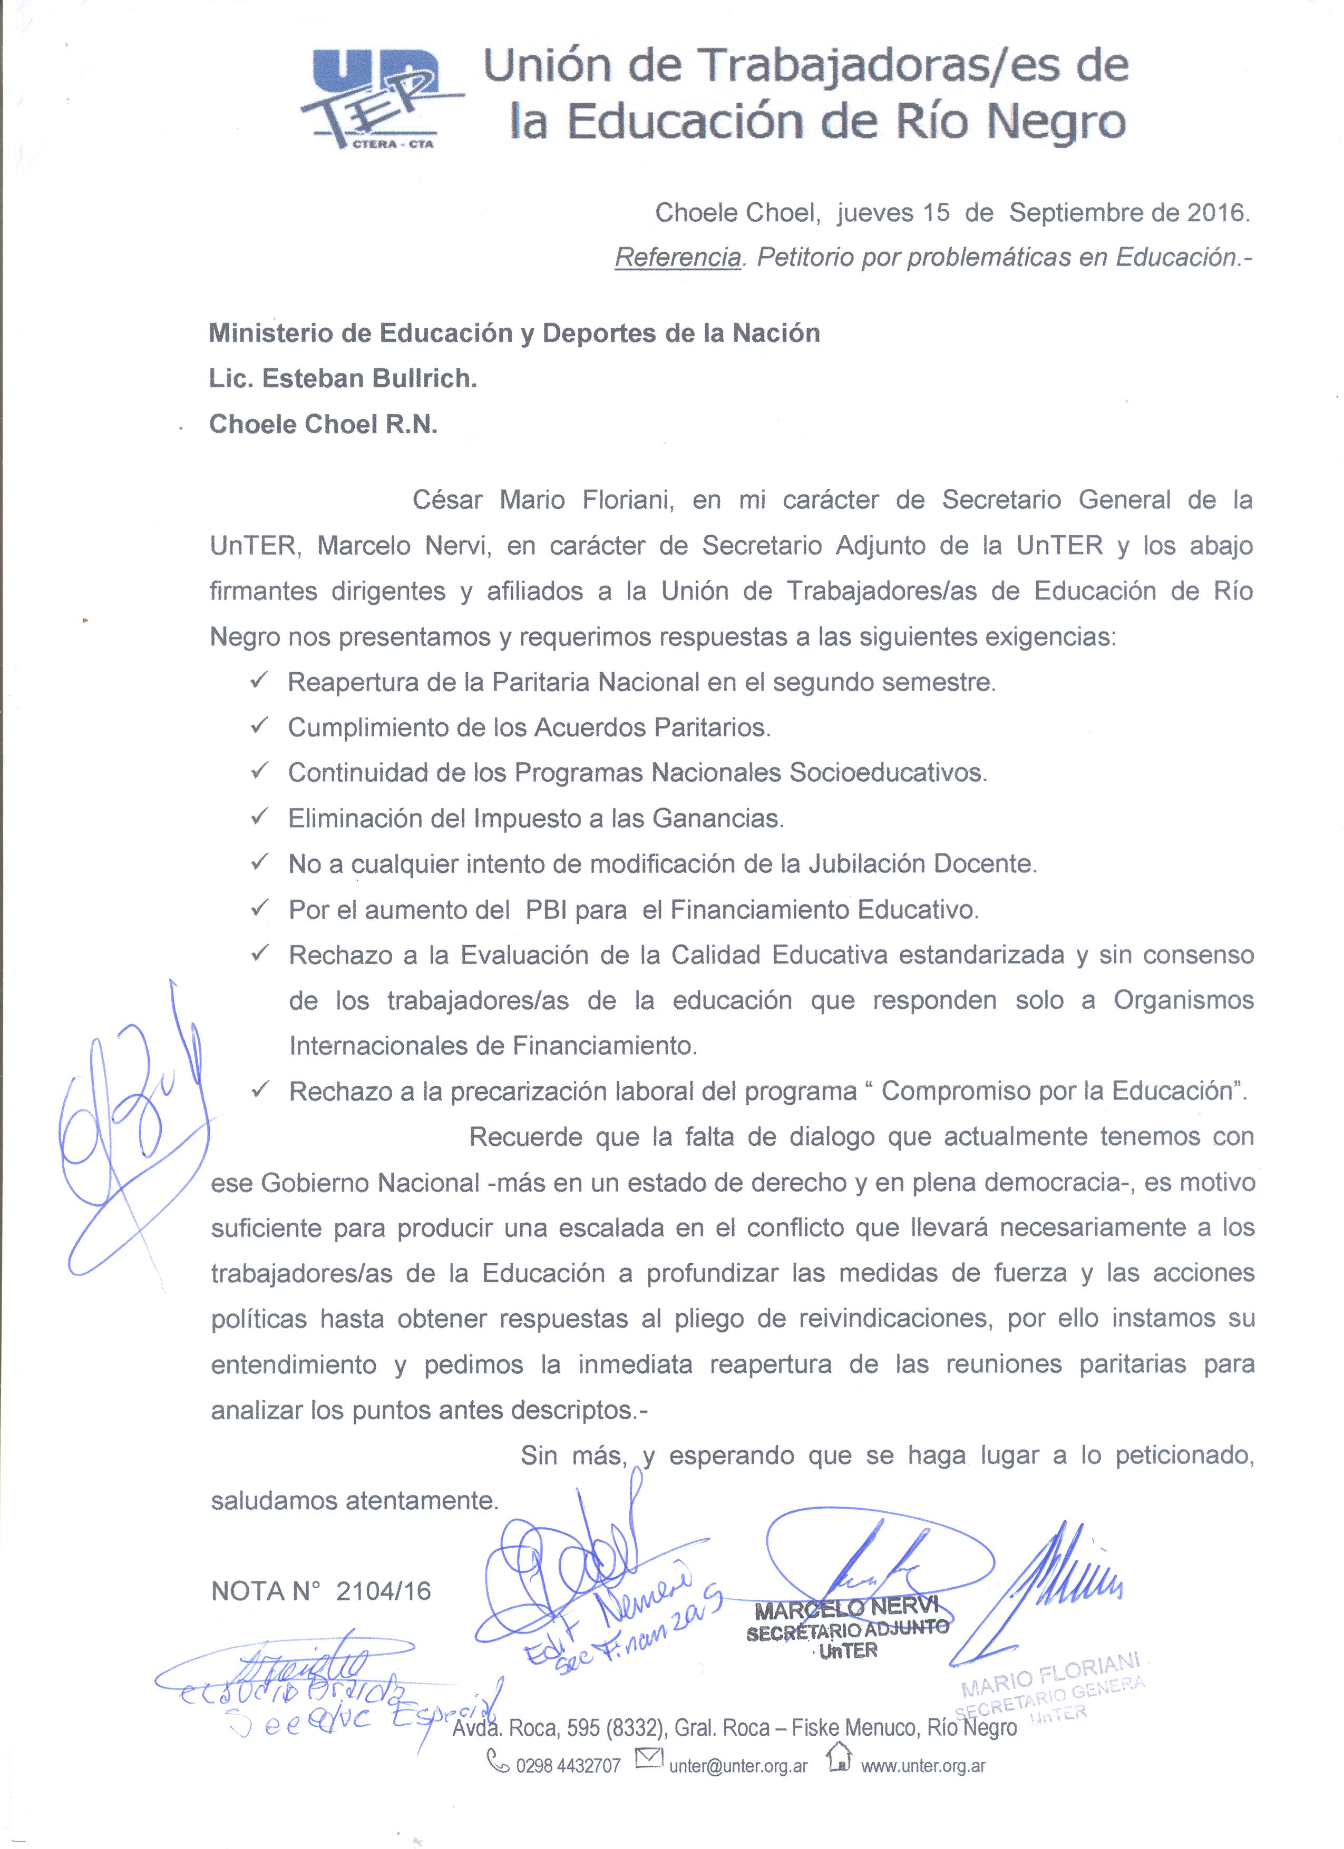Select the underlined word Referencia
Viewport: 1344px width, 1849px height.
678,258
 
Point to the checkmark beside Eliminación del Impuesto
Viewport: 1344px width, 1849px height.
261,817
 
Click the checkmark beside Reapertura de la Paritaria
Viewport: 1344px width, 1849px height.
261,681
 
